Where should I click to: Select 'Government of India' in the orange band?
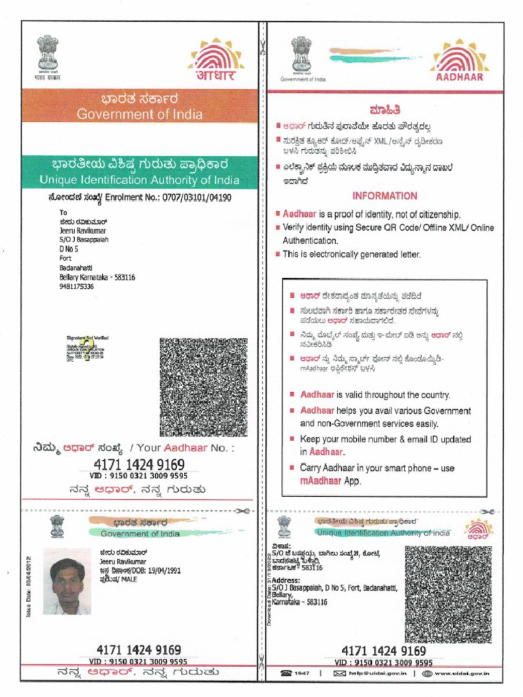(139, 114)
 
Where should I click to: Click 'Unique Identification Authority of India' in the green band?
(139, 180)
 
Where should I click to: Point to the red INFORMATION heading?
(385, 195)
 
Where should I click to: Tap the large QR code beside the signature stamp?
(203, 387)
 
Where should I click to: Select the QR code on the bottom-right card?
(447, 594)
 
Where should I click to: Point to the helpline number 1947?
(302, 673)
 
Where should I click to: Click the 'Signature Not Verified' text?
(87, 338)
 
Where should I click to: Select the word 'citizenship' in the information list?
(437, 214)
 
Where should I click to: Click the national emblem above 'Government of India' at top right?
(301, 54)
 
